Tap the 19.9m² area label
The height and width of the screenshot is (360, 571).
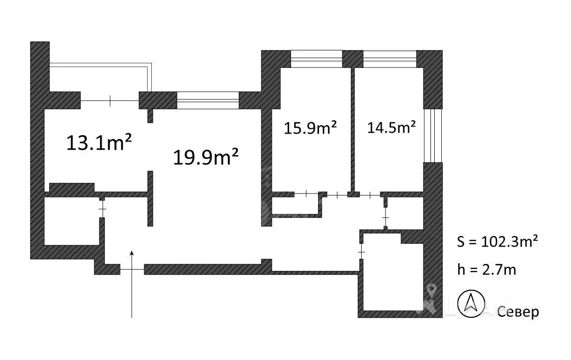click(206, 157)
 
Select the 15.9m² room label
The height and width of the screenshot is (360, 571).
click(310, 127)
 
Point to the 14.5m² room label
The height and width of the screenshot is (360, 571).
click(391, 127)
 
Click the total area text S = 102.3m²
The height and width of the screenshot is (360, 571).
click(497, 241)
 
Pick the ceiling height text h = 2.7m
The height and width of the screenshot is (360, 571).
click(487, 270)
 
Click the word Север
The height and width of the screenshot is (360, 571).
click(518, 312)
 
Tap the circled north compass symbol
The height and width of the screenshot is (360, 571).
click(471, 304)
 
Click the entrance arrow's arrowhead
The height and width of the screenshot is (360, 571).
click(132, 253)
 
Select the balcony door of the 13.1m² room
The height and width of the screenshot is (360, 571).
click(110, 101)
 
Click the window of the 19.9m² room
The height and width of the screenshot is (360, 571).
click(208, 100)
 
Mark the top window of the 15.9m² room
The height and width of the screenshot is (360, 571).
click(316, 59)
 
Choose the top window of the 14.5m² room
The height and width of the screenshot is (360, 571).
click(390, 59)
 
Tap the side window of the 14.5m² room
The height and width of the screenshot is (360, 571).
click(433, 136)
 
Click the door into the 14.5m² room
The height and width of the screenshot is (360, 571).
click(370, 195)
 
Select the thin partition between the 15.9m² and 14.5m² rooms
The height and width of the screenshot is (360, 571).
click(353, 131)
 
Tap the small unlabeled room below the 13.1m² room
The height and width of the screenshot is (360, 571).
click(72, 221)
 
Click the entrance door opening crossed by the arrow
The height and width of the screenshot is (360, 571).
click(132, 269)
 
